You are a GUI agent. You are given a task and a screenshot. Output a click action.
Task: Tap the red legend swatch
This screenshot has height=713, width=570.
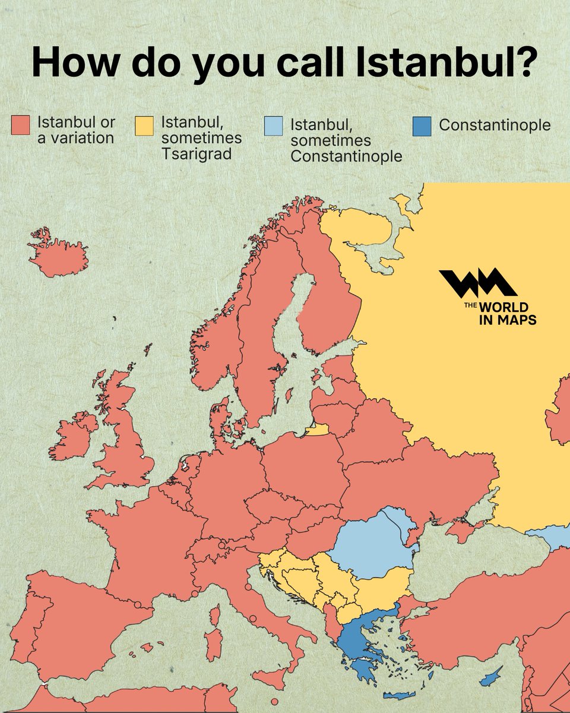point(20,126)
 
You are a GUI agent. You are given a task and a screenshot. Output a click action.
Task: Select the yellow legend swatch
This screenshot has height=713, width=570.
point(144,126)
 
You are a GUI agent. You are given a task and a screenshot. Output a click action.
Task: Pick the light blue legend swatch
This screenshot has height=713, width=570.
point(273,126)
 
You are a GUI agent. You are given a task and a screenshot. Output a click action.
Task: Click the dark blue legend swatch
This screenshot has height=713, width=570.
point(422,126)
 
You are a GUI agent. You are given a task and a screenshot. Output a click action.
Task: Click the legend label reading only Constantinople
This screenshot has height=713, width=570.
point(495,125)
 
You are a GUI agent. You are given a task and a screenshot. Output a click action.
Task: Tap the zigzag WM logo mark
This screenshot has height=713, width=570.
point(477,283)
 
